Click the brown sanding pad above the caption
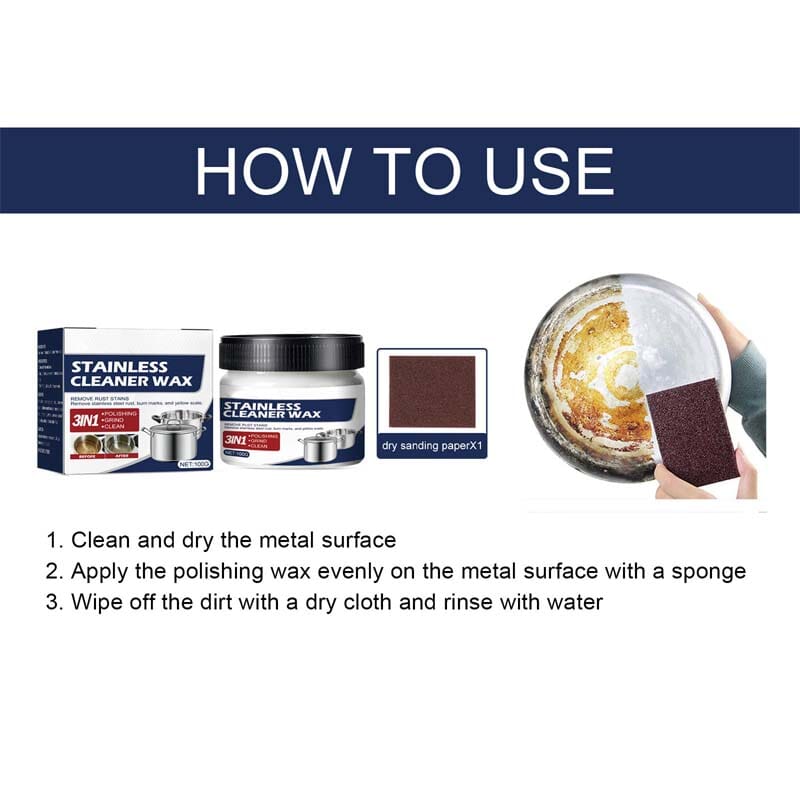(431, 389)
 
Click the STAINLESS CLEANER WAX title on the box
(119, 373)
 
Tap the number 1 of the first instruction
(53, 541)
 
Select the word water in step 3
(574, 603)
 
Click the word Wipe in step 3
(95, 603)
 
